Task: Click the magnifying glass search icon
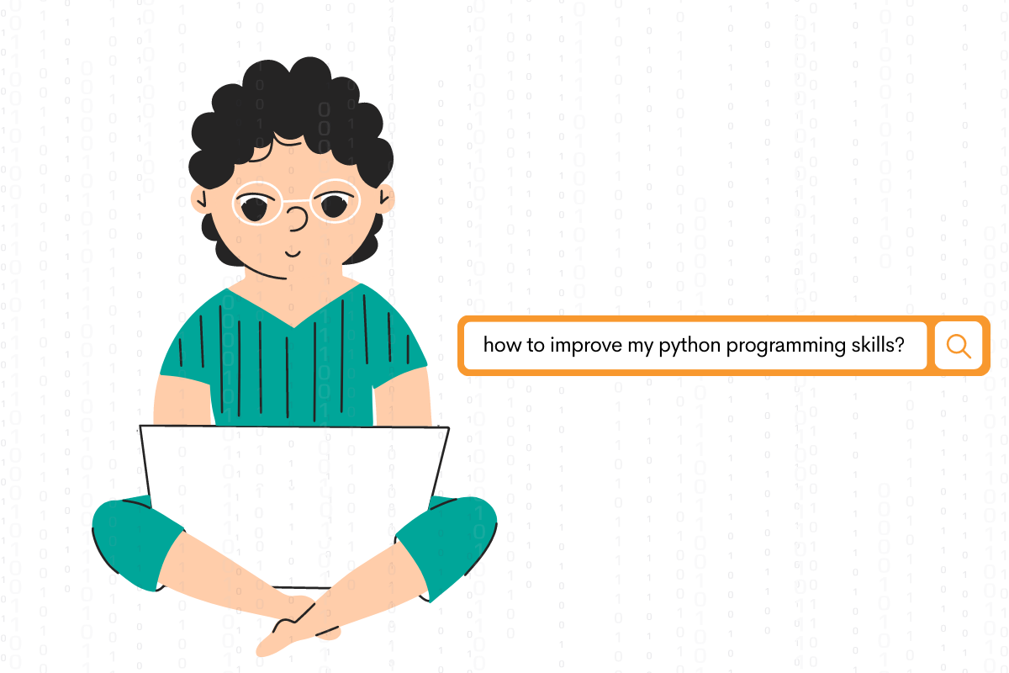click(x=959, y=346)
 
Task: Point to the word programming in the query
click(x=772, y=346)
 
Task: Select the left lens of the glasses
click(x=256, y=204)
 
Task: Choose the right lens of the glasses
click(x=335, y=202)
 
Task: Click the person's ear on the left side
click(x=198, y=199)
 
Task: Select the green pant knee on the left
click(x=135, y=538)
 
